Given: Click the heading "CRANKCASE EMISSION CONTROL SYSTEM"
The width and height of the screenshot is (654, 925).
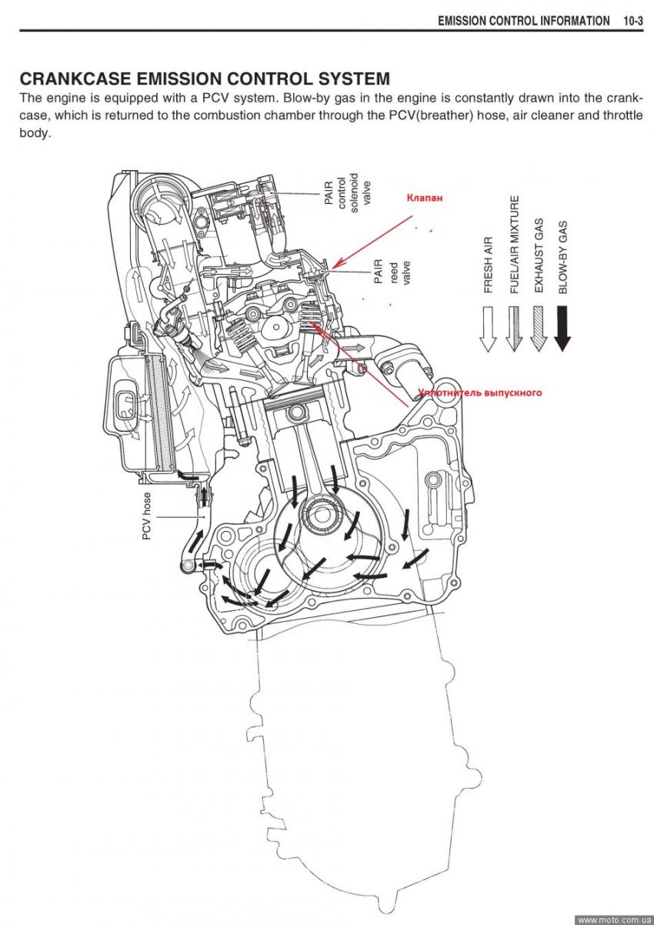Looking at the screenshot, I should click(204, 78).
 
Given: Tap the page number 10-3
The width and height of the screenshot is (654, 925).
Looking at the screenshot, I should click(632, 21).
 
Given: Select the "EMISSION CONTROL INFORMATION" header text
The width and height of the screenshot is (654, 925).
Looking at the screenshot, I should click(523, 21).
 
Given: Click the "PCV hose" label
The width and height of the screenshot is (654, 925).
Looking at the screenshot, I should click(147, 516).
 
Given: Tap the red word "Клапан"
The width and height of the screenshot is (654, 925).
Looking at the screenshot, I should click(425, 197).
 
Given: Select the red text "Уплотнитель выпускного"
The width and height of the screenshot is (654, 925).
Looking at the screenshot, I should click(480, 392).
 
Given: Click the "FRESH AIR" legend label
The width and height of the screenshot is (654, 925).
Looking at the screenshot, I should click(488, 265).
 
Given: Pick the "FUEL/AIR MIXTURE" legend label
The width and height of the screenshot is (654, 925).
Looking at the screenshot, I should click(513, 244).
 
